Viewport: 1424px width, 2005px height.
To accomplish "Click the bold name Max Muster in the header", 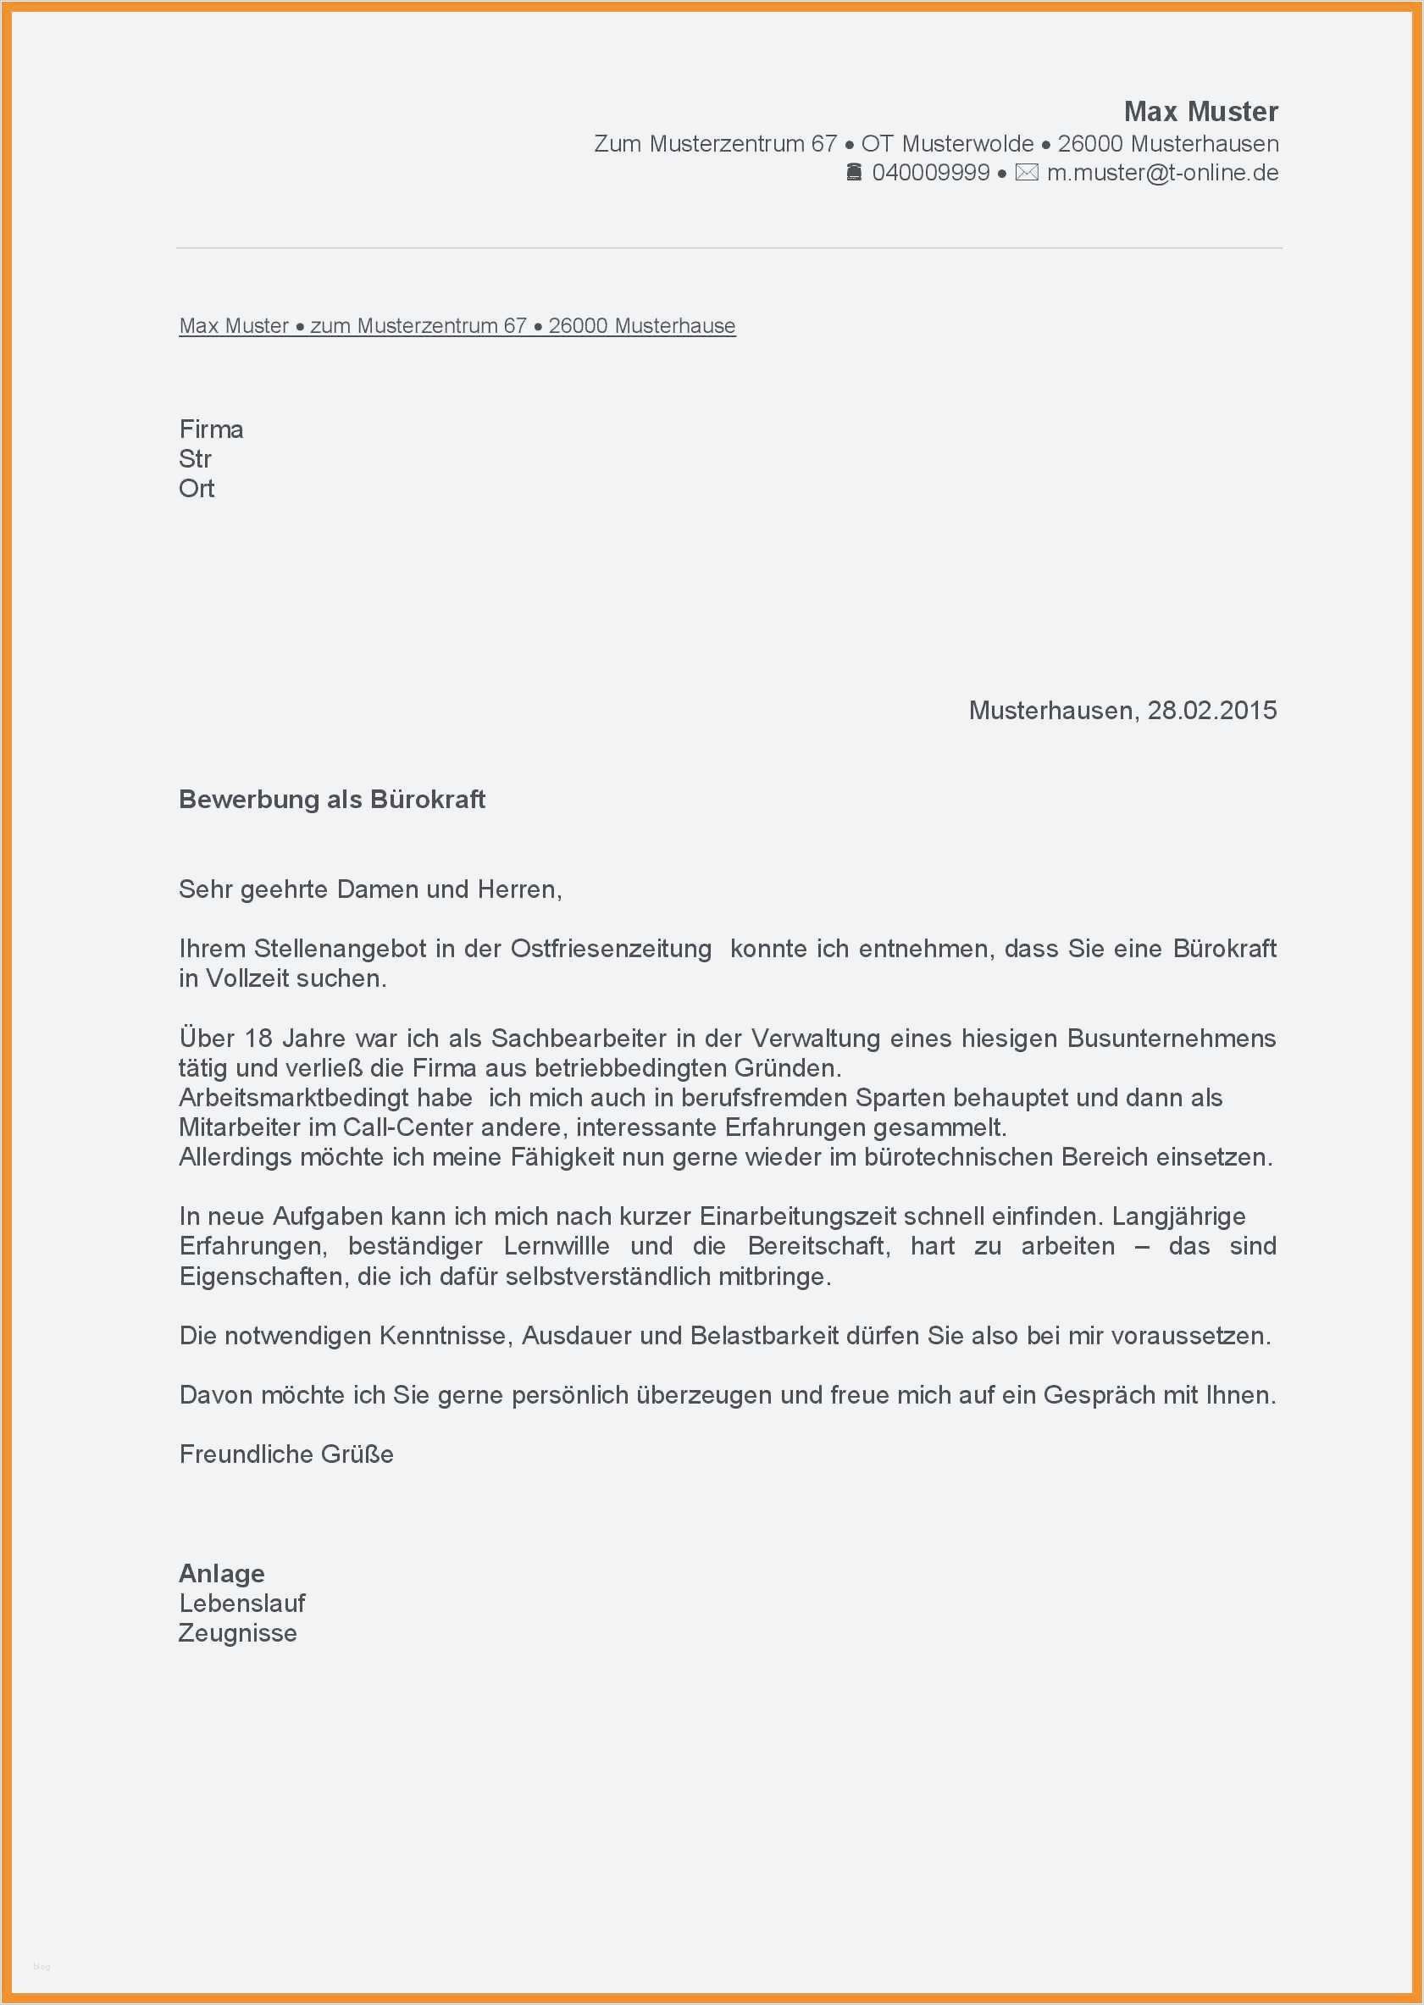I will (x=1200, y=111).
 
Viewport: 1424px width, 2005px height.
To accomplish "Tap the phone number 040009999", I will (x=930, y=173).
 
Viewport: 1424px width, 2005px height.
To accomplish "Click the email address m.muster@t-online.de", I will (x=1163, y=173).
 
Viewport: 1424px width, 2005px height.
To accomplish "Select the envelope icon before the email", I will (x=1026, y=173).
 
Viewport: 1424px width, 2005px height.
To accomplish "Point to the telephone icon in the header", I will (x=853, y=172).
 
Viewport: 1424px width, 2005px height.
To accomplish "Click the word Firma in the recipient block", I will (x=211, y=429).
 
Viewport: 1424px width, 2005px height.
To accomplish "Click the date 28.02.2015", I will (x=1212, y=710).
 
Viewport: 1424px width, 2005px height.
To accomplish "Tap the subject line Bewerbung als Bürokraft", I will (x=331, y=800).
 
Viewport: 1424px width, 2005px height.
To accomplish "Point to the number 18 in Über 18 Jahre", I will (x=258, y=1038).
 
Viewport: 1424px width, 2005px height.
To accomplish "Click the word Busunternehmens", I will (x=1172, y=1038).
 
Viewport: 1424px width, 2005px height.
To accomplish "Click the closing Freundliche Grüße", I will (x=285, y=1454).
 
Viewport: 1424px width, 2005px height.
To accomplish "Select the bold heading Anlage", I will (x=222, y=1573).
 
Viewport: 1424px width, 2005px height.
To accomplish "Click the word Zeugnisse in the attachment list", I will (x=238, y=1633).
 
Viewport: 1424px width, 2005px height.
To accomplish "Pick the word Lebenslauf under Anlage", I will (x=242, y=1603).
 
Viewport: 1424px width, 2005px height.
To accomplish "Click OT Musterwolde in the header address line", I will (x=947, y=144).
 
